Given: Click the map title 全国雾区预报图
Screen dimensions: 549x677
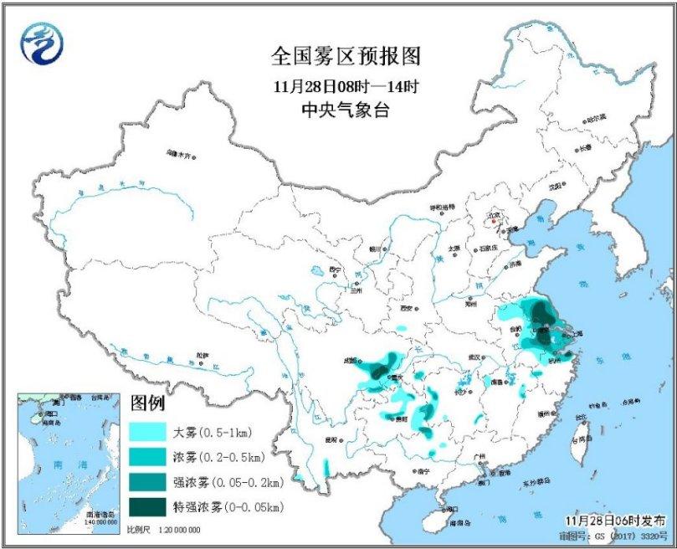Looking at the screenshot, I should tap(344, 57).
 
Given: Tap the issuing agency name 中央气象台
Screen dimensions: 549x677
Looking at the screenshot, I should tap(344, 110).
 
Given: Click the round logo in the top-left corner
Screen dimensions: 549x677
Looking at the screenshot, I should tap(44, 42).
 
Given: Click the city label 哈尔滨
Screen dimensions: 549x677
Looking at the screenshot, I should tap(595, 118).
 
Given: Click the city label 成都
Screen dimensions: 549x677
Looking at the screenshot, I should tap(352, 362).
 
